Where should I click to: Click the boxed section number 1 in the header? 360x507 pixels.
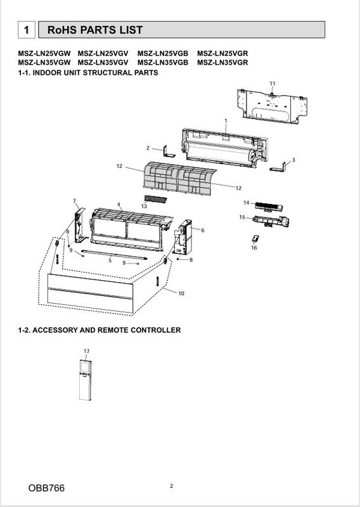pyautogui.click(x=25, y=30)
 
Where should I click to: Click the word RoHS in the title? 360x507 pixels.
pyautogui.click(x=61, y=30)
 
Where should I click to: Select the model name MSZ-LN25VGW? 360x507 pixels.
pyautogui.click(x=44, y=53)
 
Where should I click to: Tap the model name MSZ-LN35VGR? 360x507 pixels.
pyautogui.click(x=222, y=63)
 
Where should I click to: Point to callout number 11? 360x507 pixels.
pyautogui.click(x=273, y=84)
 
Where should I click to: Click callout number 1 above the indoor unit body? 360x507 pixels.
pyautogui.click(x=226, y=120)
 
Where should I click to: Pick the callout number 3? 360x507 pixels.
pyautogui.click(x=293, y=160)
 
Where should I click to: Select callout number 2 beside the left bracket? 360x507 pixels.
pyautogui.click(x=148, y=148)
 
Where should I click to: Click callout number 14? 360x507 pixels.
pyautogui.click(x=247, y=202)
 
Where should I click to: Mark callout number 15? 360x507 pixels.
pyautogui.click(x=242, y=217)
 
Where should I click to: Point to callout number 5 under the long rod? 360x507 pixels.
pyautogui.click(x=110, y=260)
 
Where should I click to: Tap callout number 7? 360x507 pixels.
pyautogui.click(x=74, y=201)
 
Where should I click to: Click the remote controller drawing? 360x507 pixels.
pyautogui.click(x=86, y=380)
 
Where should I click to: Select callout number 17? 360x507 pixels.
pyautogui.click(x=86, y=350)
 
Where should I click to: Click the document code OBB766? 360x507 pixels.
pyautogui.click(x=46, y=489)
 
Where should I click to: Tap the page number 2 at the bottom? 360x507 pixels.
pyautogui.click(x=172, y=486)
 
